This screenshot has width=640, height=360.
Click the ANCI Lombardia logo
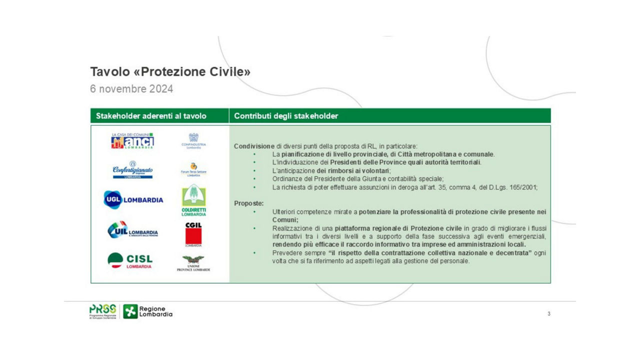(132, 141)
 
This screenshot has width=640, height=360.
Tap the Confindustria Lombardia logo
(193, 141)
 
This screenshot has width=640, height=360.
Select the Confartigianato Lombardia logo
(132, 169)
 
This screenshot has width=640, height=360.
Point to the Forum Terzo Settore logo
(193, 169)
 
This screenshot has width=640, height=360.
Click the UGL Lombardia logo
(133, 199)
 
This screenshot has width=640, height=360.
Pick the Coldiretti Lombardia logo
(193, 200)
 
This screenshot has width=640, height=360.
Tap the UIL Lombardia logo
(132, 230)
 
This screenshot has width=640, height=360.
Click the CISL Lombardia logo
(130, 260)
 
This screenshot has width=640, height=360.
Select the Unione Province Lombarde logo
(193, 263)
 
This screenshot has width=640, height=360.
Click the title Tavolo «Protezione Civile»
(170, 72)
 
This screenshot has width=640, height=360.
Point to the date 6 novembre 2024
(131, 89)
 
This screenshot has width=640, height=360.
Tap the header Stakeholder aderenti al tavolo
(151, 116)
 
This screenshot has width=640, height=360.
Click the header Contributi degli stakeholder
(286, 116)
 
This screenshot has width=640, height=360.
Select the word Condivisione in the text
(254, 146)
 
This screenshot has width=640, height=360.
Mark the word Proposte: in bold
(249, 203)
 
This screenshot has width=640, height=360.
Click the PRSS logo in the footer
(102, 311)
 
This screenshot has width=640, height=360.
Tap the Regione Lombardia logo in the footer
(148, 311)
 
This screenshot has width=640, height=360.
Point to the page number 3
(549, 314)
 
